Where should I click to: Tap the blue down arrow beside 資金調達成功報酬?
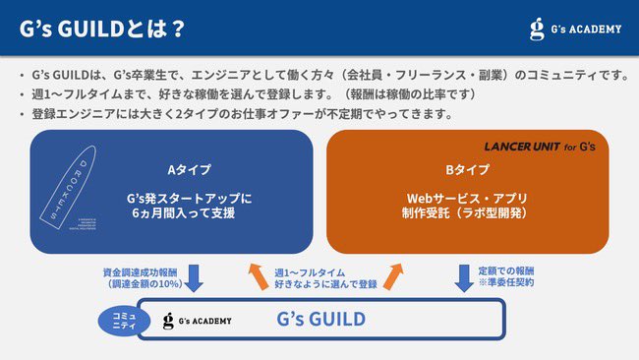(x=194, y=278)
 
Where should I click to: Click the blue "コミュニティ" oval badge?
(x=121, y=320)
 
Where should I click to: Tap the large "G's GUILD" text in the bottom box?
(x=320, y=320)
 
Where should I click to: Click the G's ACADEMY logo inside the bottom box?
(x=197, y=321)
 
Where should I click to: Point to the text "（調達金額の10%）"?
(x=142, y=283)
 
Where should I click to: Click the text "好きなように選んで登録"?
(x=324, y=284)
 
